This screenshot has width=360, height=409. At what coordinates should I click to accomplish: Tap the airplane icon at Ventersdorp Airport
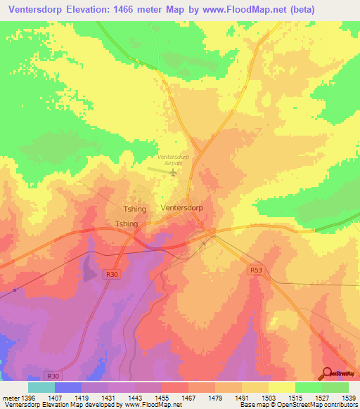(174, 171)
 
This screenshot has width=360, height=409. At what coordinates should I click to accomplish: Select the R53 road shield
(256, 269)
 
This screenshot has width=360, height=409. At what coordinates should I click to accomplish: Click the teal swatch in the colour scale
(41, 387)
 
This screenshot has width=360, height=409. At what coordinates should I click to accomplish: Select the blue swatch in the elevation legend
(68, 387)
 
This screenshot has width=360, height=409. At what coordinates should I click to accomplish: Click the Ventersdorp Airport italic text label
(174, 160)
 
